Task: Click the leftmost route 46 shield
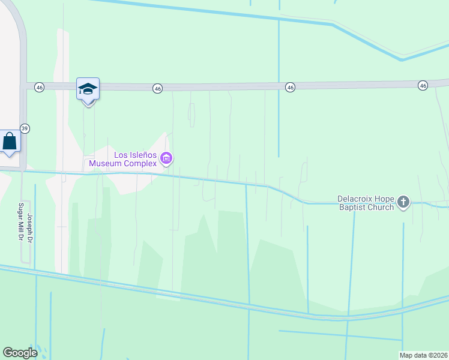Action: point(40,87)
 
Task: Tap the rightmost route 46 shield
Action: point(423,86)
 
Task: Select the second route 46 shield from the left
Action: point(158,88)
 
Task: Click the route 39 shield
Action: point(25,128)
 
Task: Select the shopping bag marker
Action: point(10,142)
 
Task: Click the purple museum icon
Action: point(167,159)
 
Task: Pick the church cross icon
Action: point(403,203)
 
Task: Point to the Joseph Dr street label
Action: point(29,229)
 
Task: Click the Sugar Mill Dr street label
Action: point(20,222)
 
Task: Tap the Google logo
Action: point(20,353)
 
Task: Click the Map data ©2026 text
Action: point(424,355)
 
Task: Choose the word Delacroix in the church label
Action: point(355,199)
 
